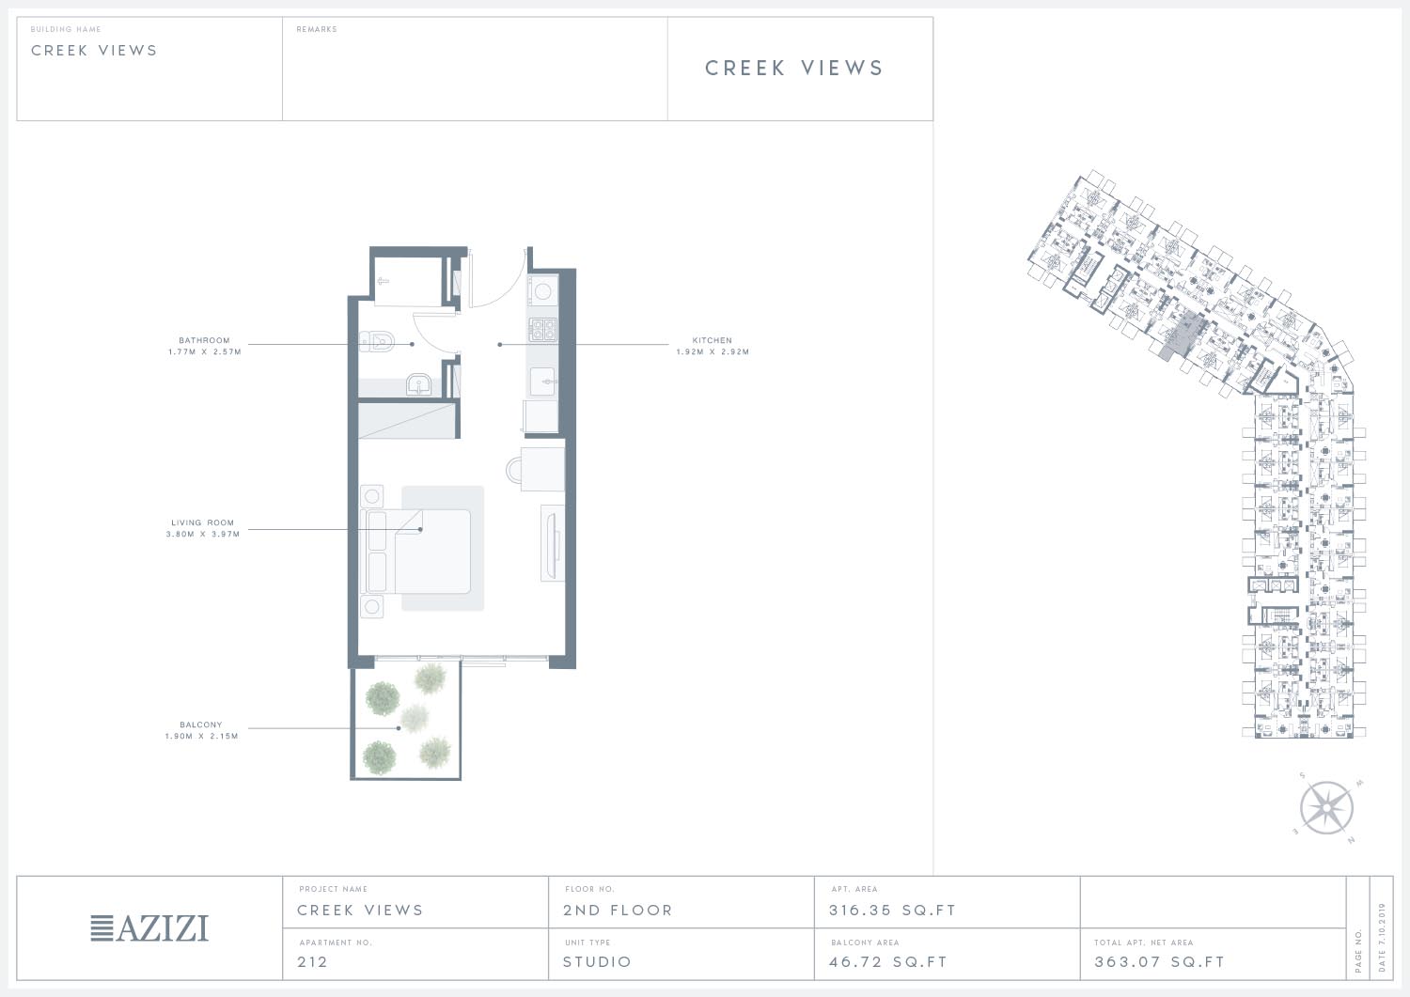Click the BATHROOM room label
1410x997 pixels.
click(205, 340)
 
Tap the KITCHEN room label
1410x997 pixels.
click(713, 340)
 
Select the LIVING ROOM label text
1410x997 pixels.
click(203, 522)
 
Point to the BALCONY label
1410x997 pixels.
click(201, 724)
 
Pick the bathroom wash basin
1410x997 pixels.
click(418, 383)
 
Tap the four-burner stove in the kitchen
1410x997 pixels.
click(542, 330)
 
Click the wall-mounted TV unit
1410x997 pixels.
click(553, 542)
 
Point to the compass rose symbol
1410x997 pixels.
click(1327, 807)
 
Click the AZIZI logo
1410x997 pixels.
click(149, 927)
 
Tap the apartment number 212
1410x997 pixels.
click(312, 961)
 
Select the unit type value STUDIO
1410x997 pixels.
click(597, 961)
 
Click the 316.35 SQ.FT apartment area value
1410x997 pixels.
click(892, 911)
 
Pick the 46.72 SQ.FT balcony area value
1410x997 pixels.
click(887, 961)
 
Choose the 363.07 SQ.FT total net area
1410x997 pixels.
click(1159, 961)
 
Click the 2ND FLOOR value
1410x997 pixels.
click(618, 911)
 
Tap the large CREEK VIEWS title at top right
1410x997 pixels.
click(794, 68)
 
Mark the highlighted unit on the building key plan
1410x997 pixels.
click(1183, 337)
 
